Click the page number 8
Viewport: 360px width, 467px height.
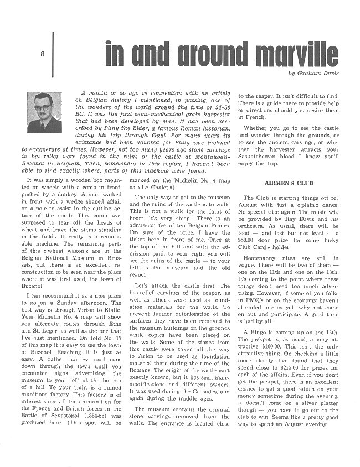(42, 54)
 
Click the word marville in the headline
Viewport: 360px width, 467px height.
(291, 54)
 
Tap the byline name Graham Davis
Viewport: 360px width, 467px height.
(317, 74)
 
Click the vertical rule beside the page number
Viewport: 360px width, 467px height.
(53, 53)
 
